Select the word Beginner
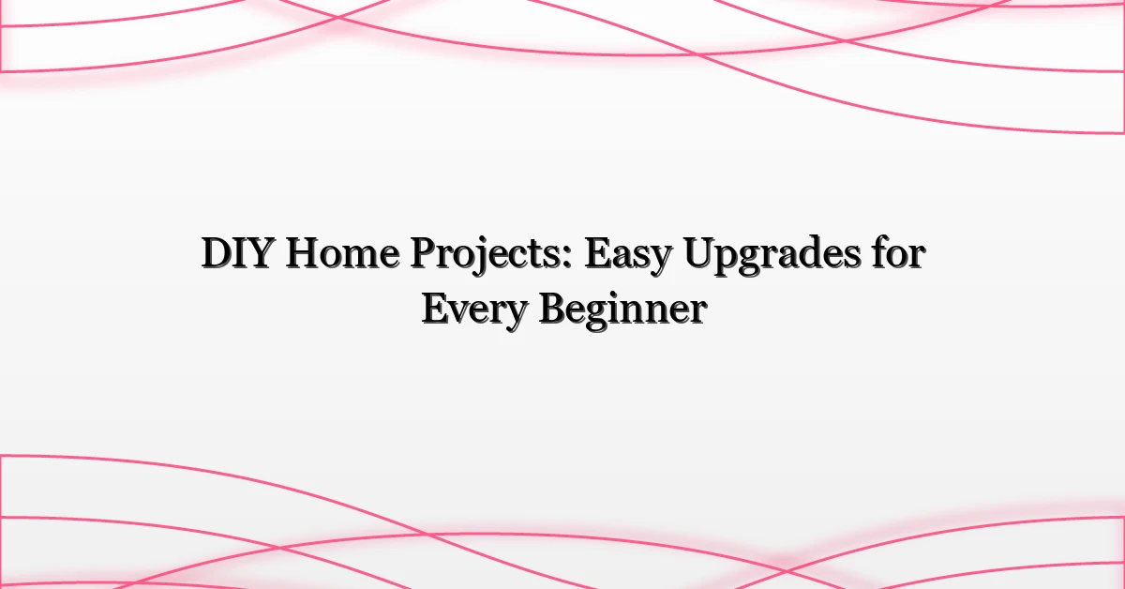click(620, 310)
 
